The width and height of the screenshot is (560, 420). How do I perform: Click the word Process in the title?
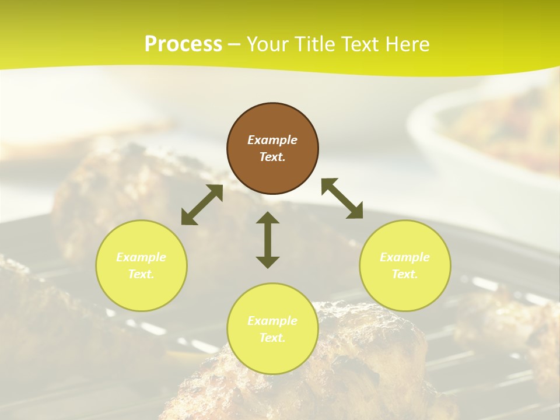pos(183,44)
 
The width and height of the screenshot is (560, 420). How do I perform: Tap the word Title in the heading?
pos(314,44)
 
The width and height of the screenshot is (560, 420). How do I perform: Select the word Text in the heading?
pos(362,44)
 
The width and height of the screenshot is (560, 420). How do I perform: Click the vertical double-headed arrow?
pos(268,240)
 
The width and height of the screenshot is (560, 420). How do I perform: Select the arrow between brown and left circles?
pos(202,205)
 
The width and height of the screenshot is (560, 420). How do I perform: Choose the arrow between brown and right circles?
pos(342,198)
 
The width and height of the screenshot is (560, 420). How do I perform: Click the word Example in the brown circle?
pos(272,140)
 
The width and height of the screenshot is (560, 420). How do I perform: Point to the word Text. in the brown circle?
pos(272,157)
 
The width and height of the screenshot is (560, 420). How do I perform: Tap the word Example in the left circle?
pos(141,257)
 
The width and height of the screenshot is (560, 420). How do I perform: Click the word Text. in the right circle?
pos(405,274)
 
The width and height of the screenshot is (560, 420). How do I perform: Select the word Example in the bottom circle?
pos(272,321)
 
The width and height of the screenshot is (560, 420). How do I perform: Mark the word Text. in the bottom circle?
pos(272,338)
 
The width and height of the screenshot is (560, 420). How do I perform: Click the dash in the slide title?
pos(235,44)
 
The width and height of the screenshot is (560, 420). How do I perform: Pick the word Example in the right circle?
pos(405,257)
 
